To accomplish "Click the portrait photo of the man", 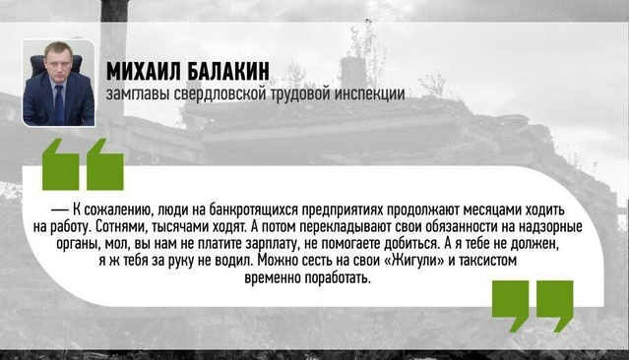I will coord(58,84).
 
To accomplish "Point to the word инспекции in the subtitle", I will coord(371,94).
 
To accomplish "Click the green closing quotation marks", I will coord(532,305).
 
